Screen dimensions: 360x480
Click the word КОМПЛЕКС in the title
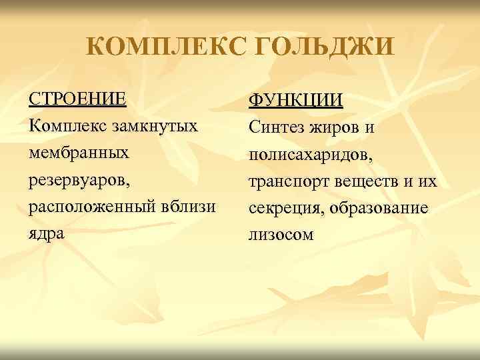(164, 47)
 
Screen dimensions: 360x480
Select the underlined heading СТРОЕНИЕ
(77, 99)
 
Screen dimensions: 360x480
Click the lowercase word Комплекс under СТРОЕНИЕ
(65, 125)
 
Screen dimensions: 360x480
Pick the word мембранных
(78, 153)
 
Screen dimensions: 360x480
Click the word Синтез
(275, 127)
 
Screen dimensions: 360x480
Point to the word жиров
(335, 127)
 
